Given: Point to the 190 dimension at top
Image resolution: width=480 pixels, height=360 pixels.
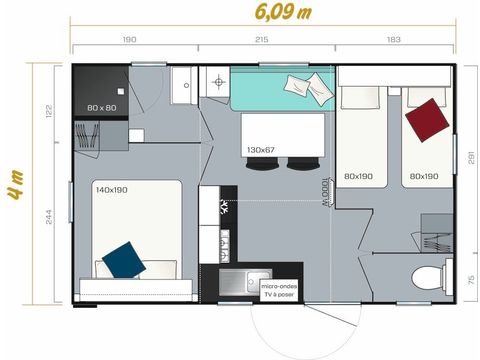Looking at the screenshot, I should point(129,40).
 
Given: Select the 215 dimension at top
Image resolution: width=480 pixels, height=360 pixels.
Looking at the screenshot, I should point(262,40).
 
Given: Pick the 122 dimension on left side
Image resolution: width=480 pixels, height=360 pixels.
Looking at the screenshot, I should point(48,112).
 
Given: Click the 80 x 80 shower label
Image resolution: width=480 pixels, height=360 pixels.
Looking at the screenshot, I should point(101,106).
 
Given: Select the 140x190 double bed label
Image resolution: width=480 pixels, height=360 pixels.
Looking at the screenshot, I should point(111,188).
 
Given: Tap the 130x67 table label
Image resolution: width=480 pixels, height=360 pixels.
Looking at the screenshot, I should point(261,150).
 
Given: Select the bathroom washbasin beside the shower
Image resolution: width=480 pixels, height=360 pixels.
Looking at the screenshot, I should point(184,87).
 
